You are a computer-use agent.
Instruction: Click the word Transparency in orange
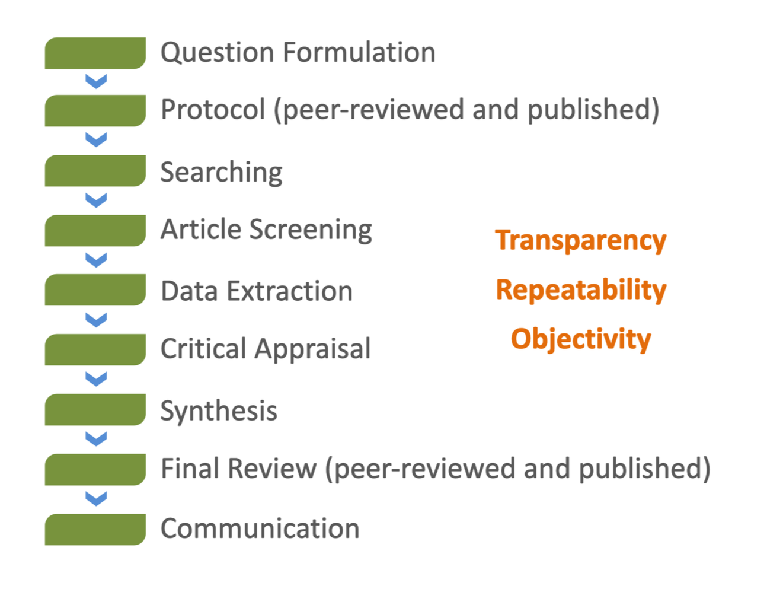click(x=581, y=240)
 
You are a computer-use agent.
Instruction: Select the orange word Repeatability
click(x=581, y=290)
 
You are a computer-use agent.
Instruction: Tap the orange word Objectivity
click(x=581, y=339)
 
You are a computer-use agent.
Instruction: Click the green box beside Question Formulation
click(x=95, y=53)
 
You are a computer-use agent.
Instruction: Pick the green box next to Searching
click(x=95, y=171)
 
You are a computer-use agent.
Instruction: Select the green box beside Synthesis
click(x=95, y=410)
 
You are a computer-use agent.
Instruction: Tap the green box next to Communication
click(x=95, y=529)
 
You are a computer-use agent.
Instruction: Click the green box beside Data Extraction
click(x=95, y=290)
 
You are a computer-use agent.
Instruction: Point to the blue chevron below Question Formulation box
click(x=96, y=81)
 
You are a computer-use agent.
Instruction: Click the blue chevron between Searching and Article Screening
click(x=96, y=200)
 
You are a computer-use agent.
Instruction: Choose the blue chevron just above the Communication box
click(x=96, y=498)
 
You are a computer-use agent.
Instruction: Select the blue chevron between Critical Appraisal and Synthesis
click(x=96, y=378)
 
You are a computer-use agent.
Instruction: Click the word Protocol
click(x=213, y=110)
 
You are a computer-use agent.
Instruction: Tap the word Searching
click(x=221, y=173)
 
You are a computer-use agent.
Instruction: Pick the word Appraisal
click(x=313, y=349)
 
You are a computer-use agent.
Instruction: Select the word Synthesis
click(x=219, y=411)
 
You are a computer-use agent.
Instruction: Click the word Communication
click(x=260, y=529)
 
